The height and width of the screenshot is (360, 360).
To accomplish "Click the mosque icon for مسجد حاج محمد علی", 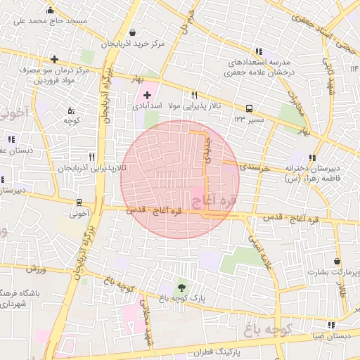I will coord(50,10).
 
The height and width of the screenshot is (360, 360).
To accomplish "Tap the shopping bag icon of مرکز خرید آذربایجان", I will coord(133,32).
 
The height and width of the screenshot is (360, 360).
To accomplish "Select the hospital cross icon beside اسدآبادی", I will coord(146,94).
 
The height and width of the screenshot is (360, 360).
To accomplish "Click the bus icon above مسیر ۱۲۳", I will coord(249,108).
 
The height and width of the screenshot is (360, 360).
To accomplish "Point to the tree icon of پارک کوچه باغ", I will coord(182,287).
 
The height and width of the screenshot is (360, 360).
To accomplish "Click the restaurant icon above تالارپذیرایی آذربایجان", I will coord(91,157).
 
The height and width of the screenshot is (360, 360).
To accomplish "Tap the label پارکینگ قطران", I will coord(207,349).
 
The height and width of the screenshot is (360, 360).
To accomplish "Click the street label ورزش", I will coord(37,269).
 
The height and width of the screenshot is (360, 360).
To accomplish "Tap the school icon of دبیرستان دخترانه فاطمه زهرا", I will coord(312,157).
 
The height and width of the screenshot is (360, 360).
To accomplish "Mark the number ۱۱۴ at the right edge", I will coord(354,68).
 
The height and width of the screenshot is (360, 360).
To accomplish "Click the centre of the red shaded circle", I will coord(180,179).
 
